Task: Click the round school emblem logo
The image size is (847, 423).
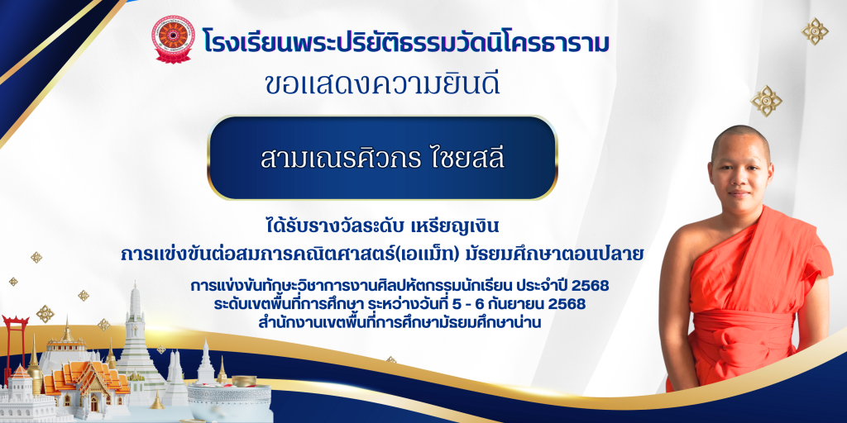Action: coord(173,39)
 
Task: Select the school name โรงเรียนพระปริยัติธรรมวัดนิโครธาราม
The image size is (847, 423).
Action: coord(406,41)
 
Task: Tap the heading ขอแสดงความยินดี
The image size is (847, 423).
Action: coord(382,84)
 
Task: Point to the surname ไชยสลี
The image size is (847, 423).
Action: coord(461,158)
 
